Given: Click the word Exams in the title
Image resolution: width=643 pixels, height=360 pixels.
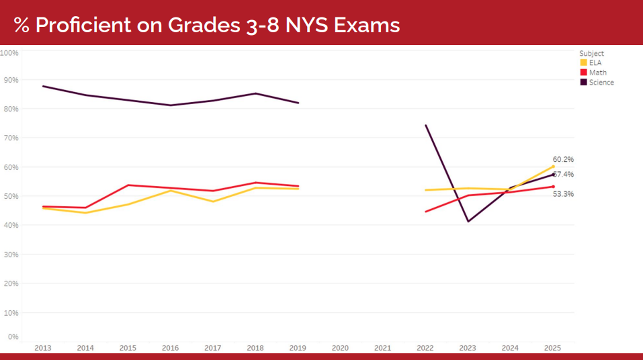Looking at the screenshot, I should (369, 25).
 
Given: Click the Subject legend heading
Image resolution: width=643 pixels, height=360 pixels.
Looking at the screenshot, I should (591, 53).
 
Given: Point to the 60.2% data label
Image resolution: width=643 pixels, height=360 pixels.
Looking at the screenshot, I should (563, 159).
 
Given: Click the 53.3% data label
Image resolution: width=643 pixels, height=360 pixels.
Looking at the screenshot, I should (563, 194).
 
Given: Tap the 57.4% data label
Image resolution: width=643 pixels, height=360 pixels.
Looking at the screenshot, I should (564, 175).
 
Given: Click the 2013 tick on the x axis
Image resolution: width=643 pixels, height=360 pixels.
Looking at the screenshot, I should (42, 348).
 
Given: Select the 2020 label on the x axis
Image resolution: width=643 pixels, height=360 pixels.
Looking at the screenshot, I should (340, 348).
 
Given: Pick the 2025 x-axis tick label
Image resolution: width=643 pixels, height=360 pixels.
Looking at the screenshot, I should (552, 348).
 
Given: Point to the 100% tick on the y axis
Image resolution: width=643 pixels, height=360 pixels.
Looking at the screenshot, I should (9, 52).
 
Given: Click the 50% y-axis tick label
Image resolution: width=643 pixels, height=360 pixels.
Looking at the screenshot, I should (11, 196).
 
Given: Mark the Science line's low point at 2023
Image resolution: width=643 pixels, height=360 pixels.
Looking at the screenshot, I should (468, 221).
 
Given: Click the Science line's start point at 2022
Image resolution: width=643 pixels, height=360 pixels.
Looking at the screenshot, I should (425, 125).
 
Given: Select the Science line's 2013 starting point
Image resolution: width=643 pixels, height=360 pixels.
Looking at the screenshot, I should (43, 86).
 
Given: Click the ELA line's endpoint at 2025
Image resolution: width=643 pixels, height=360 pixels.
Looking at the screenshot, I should (553, 166).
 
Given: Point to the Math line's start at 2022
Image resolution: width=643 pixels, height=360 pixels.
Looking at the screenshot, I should (425, 212).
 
